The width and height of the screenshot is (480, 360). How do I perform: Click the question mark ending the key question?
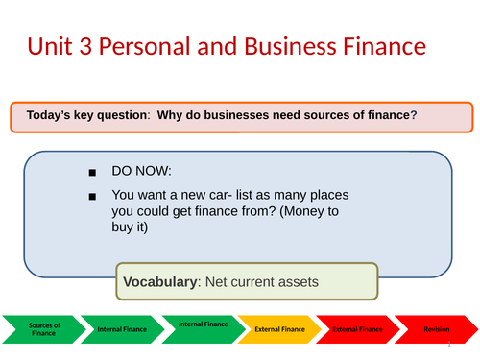click(x=414, y=116)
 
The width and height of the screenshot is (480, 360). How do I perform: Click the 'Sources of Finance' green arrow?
click(x=43, y=329)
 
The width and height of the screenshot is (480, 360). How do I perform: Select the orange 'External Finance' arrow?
click(x=279, y=329)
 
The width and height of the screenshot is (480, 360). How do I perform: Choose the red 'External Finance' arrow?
click(x=357, y=329)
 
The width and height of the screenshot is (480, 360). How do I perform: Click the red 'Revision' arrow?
click(x=436, y=329)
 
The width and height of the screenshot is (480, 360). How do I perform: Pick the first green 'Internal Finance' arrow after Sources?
click(x=123, y=329)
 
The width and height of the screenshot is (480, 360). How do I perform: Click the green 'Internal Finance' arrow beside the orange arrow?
click(x=203, y=327)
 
